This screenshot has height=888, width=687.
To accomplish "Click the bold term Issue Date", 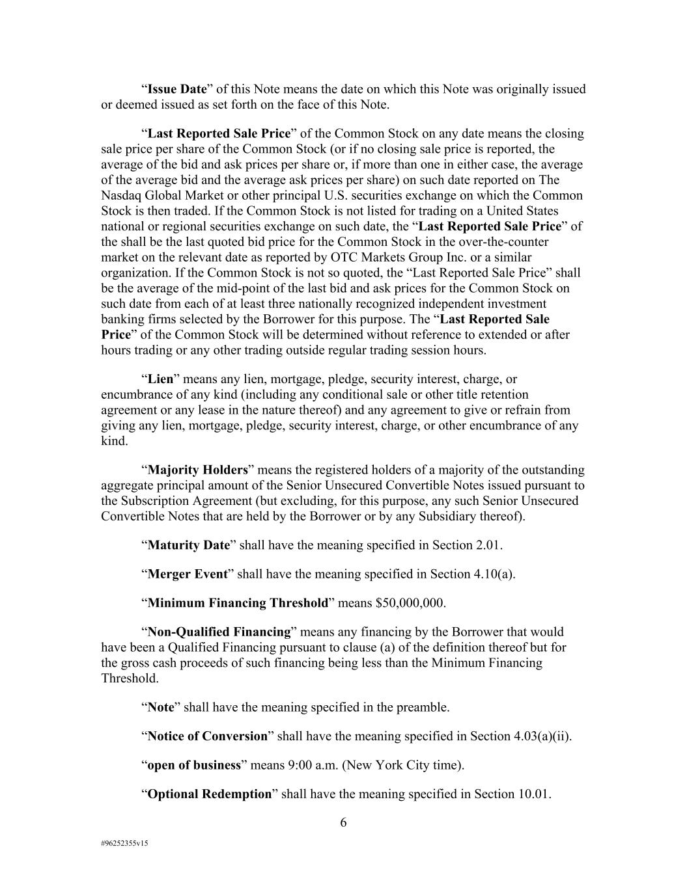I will pos(177,89).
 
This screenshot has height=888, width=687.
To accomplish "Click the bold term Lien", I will pos(161,379).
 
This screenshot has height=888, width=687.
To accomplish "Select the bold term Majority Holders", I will pos(198,470).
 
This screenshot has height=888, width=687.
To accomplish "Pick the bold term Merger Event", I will pos(188,574).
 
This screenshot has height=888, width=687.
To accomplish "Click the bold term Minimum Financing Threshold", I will pos(238,603).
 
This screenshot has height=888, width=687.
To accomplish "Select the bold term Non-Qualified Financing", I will pos(219,632).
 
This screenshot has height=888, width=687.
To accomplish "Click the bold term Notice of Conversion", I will pos(208,736).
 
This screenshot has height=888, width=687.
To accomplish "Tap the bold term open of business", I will pos(194,765).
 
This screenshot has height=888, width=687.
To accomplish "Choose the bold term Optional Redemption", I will pos(209,794).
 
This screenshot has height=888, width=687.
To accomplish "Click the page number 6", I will pos(343,823).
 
